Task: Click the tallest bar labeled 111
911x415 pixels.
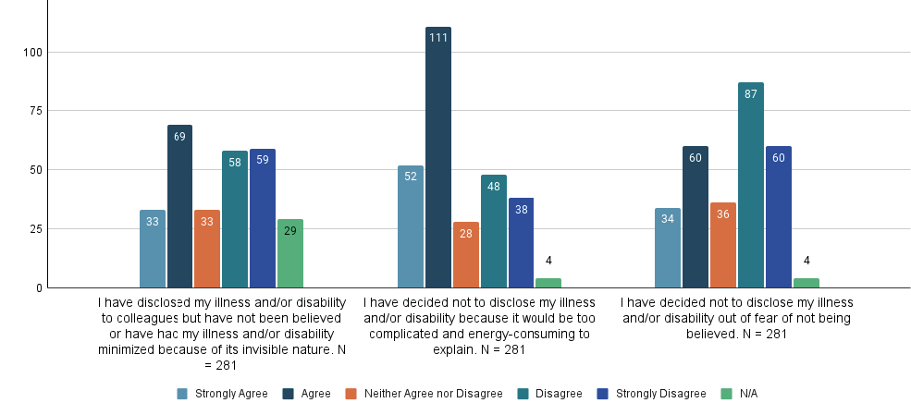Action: [438, 157]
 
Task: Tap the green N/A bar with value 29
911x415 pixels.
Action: [290, 253]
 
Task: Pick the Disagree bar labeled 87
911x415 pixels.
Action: [750, 185]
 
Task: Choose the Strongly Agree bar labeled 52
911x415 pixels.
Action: [411, 226]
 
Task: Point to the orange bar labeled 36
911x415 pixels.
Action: [723, 245]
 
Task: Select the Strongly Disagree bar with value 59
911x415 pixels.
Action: [263, 218]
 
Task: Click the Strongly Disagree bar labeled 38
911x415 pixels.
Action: [521, 243]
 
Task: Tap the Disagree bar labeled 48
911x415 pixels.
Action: [493, 231]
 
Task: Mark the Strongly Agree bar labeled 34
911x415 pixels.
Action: [668, 248]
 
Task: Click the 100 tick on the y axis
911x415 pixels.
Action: [33, 52]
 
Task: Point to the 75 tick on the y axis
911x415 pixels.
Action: [36, 111]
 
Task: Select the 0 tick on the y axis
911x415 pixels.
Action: [39, 288]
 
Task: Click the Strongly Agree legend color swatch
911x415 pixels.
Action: [182, 394]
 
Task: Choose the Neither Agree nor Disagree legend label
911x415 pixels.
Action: [433, 394]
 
